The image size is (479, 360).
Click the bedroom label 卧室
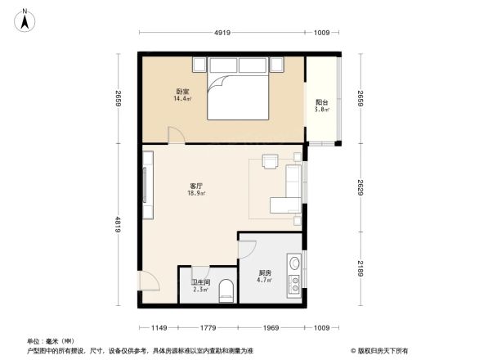[181, 91]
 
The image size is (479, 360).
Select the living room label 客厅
[195, 187]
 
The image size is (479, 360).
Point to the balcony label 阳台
[322, 102]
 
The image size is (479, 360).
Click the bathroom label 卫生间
[201, 282]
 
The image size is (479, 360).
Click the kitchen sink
[294, 266]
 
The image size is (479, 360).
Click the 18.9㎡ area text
[196, 194]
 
